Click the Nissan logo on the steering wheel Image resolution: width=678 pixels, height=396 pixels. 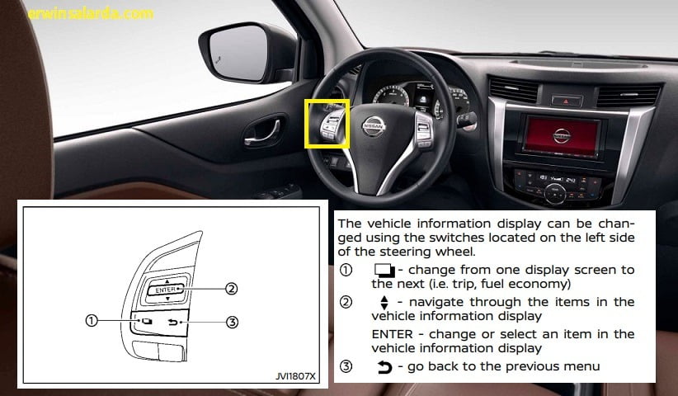click(373, 126)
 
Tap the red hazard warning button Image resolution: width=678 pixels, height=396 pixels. click(567, 101)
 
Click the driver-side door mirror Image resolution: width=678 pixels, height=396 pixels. click(246, 53)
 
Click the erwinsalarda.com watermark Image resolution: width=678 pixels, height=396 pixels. click(91, 14)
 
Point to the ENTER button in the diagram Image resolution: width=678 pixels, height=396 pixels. click(166, 290)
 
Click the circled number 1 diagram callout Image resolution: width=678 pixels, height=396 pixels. click(92, 320)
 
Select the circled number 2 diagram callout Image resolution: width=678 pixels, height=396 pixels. click(232, 289)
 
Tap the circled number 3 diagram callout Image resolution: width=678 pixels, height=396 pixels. click(233, 322)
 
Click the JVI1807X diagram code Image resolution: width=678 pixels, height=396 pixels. click(296, 376)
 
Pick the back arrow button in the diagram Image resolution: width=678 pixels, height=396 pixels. click(172, 322)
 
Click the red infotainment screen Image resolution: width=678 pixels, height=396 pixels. click(561, 136)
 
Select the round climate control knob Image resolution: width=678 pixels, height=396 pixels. click(555, 192)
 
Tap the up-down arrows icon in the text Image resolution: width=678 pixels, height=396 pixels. click(384, 303)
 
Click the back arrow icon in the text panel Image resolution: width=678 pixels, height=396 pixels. click(384, 367)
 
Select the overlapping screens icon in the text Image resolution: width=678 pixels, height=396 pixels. click(384, 271)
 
